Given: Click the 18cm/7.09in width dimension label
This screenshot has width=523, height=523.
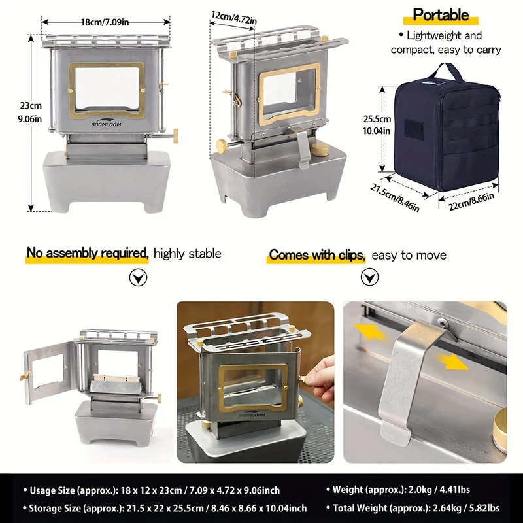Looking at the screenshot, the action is (105, 22).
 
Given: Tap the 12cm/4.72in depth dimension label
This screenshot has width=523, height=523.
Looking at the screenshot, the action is (234, 18).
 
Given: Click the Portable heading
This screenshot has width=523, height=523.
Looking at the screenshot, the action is (441, 15).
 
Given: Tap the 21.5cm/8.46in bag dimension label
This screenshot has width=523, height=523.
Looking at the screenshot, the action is (394, 198).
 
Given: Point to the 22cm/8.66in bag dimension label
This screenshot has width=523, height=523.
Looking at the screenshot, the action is (471, 201).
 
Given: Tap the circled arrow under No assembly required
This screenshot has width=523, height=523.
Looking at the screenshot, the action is (138, 277).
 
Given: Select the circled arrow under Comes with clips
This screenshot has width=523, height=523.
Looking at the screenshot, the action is (369, 277).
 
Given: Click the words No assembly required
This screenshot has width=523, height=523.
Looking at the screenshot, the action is (88, 253).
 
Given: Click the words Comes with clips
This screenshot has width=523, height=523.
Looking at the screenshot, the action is (317, 255).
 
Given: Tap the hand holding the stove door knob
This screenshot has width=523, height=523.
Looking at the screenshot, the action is (320, 379).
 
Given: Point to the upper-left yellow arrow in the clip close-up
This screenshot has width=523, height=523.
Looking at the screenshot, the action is (369, 331).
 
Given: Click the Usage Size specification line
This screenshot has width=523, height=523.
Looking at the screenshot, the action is (152, 490).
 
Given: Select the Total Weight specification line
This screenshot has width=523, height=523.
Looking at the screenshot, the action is (413, 508).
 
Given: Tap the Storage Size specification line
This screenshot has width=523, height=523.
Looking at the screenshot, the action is (165, 509).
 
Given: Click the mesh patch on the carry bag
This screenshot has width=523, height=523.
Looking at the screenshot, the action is (414, 129).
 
